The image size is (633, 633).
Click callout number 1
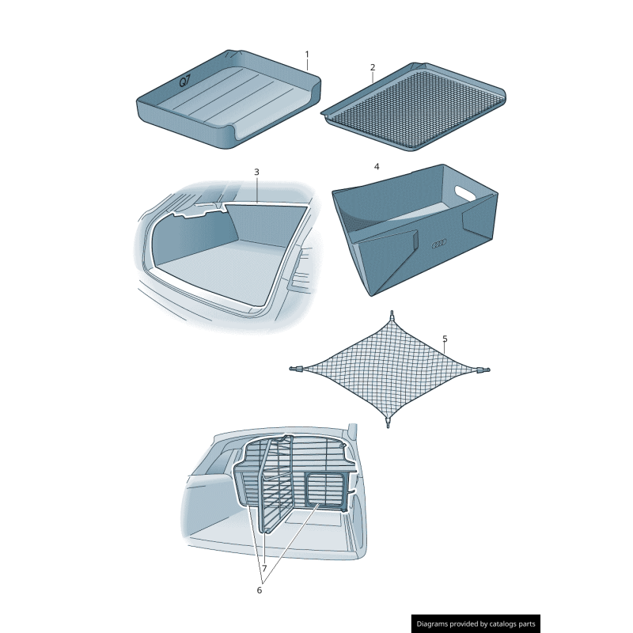tap(307, 55)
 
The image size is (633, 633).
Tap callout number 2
tap(372, 67)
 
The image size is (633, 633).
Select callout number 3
tap(256, 172)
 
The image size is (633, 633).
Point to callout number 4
tap(377, 167)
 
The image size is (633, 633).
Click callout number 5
tap(445, 339)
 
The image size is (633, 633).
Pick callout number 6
tap(258, 589)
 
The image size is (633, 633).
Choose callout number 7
tap(263, 568)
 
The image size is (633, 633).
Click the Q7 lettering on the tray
tap(184, 81)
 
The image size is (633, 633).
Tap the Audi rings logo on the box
tap(440, 244)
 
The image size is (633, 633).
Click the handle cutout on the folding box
tap(465, 191)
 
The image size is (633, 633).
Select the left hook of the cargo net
tap(295, 369)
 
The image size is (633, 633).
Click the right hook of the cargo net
tap(485, 370)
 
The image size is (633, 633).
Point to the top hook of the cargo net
tap(391, 316)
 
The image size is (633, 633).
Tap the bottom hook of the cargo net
tap(388, 423)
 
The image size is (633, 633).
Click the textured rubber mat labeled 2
tap(415, 107)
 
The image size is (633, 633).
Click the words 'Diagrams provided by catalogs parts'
tap(476, 624)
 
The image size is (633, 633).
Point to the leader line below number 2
tap(372, 78)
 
